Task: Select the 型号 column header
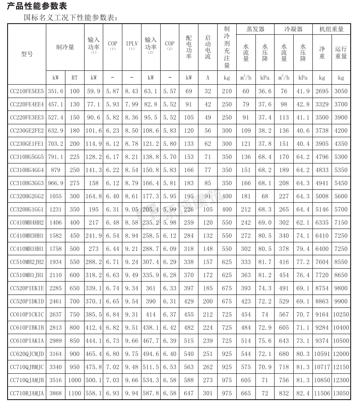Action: tap(27, 54)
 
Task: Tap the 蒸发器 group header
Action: tap(255, 29)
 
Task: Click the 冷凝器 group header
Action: tap(294, 29)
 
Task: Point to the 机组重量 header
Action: tap(332, 29)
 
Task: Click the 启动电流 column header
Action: tap(207, 47)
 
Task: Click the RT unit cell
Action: tap(74, 78)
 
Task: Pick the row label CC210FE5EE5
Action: tap(27, 91)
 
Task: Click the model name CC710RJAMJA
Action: tap(27, 394)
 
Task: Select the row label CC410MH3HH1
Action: tap(27, 236)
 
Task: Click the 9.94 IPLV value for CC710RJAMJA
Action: tap(132, 394)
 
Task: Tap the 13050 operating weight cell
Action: tap(341, 394)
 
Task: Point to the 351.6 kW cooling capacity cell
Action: tap(56, 91)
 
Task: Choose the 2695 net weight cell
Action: tap(322, 91)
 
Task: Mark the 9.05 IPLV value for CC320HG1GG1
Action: tap(132, 209)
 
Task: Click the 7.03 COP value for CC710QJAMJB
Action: tap(113, 380)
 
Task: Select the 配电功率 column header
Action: tap(189, 47)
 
